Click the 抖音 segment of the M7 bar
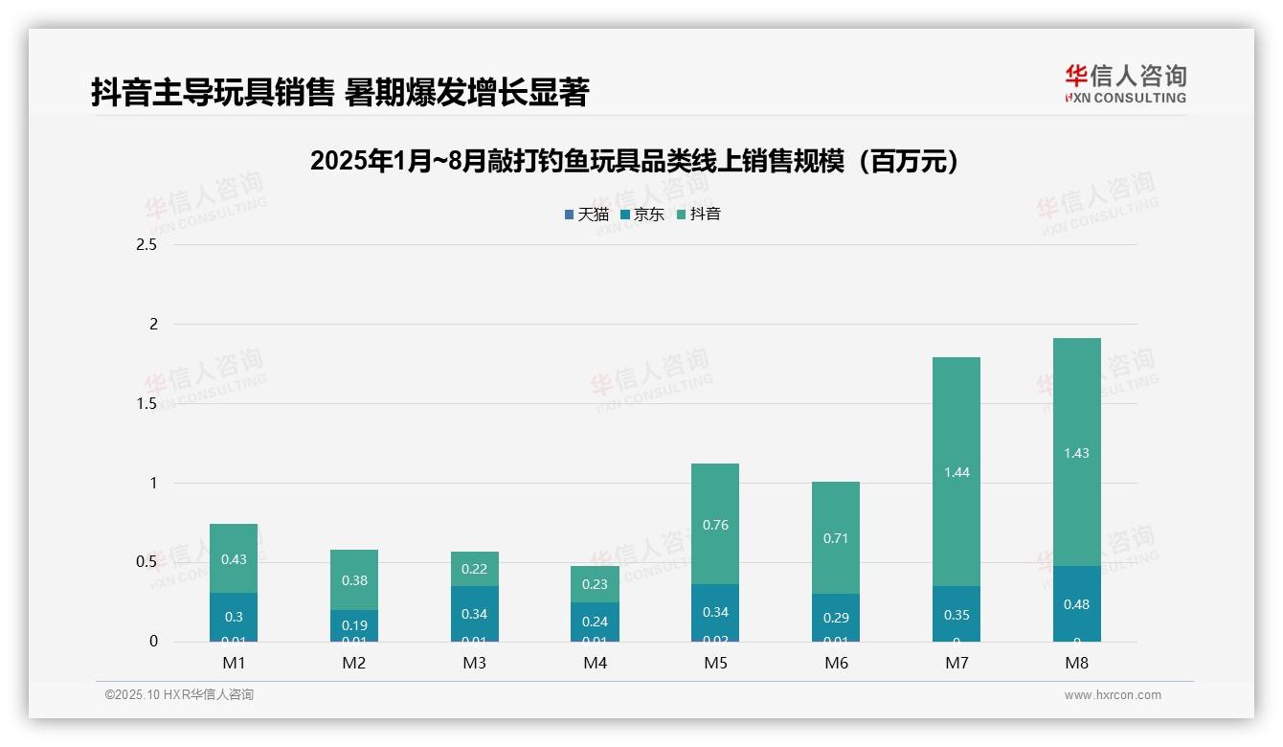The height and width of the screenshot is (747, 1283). [956, 471]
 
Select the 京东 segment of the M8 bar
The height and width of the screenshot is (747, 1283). [1076, 603]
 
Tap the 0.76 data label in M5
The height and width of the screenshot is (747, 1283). [715, 525]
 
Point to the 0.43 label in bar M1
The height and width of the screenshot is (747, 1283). [234, 559]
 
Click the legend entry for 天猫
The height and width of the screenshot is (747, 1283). [587, 215]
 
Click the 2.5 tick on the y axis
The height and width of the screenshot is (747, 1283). [146, 245]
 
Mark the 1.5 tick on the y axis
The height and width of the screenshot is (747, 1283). [146, 403]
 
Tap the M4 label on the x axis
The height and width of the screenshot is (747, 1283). [595, 663]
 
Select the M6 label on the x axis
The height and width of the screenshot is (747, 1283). [836, 663]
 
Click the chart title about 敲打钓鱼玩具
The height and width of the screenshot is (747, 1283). [635, 161]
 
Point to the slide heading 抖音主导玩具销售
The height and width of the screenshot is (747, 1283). [340, 93]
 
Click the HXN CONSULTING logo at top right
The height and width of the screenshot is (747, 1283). [1125, 83]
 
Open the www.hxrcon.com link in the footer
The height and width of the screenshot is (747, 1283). [1113, 695]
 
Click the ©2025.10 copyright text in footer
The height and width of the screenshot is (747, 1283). [179, 695]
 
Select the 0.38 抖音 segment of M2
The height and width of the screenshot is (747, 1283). [354, 579]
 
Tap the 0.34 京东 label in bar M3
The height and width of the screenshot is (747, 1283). [475, 614]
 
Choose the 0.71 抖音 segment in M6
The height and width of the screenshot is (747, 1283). [836, 537]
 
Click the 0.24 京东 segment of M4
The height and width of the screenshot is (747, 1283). [595, 622]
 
